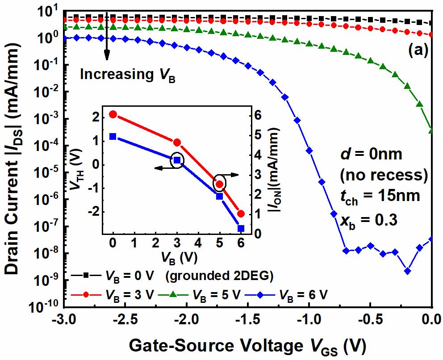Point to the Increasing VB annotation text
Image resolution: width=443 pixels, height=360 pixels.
point(127,75)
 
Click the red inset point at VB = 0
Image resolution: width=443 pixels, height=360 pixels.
point(113,114)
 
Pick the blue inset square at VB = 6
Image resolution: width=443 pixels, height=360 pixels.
point(241,228)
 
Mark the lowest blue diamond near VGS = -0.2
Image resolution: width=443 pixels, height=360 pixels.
point(407,271)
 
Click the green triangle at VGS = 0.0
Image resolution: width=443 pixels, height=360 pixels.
point(431,130)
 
